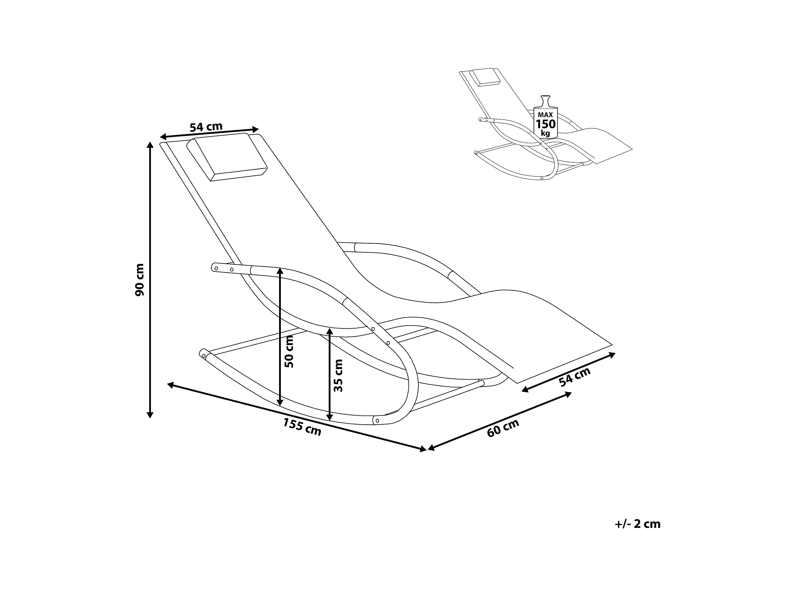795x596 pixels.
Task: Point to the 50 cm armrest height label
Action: pos(289,351)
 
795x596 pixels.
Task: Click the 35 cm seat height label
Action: pos(338,375)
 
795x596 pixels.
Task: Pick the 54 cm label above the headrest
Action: pos(206,127)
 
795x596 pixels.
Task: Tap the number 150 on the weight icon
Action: pos(546,124)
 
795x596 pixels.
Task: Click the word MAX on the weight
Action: pos(545,115)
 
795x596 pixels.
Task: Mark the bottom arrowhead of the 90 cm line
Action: pos(150,415)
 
